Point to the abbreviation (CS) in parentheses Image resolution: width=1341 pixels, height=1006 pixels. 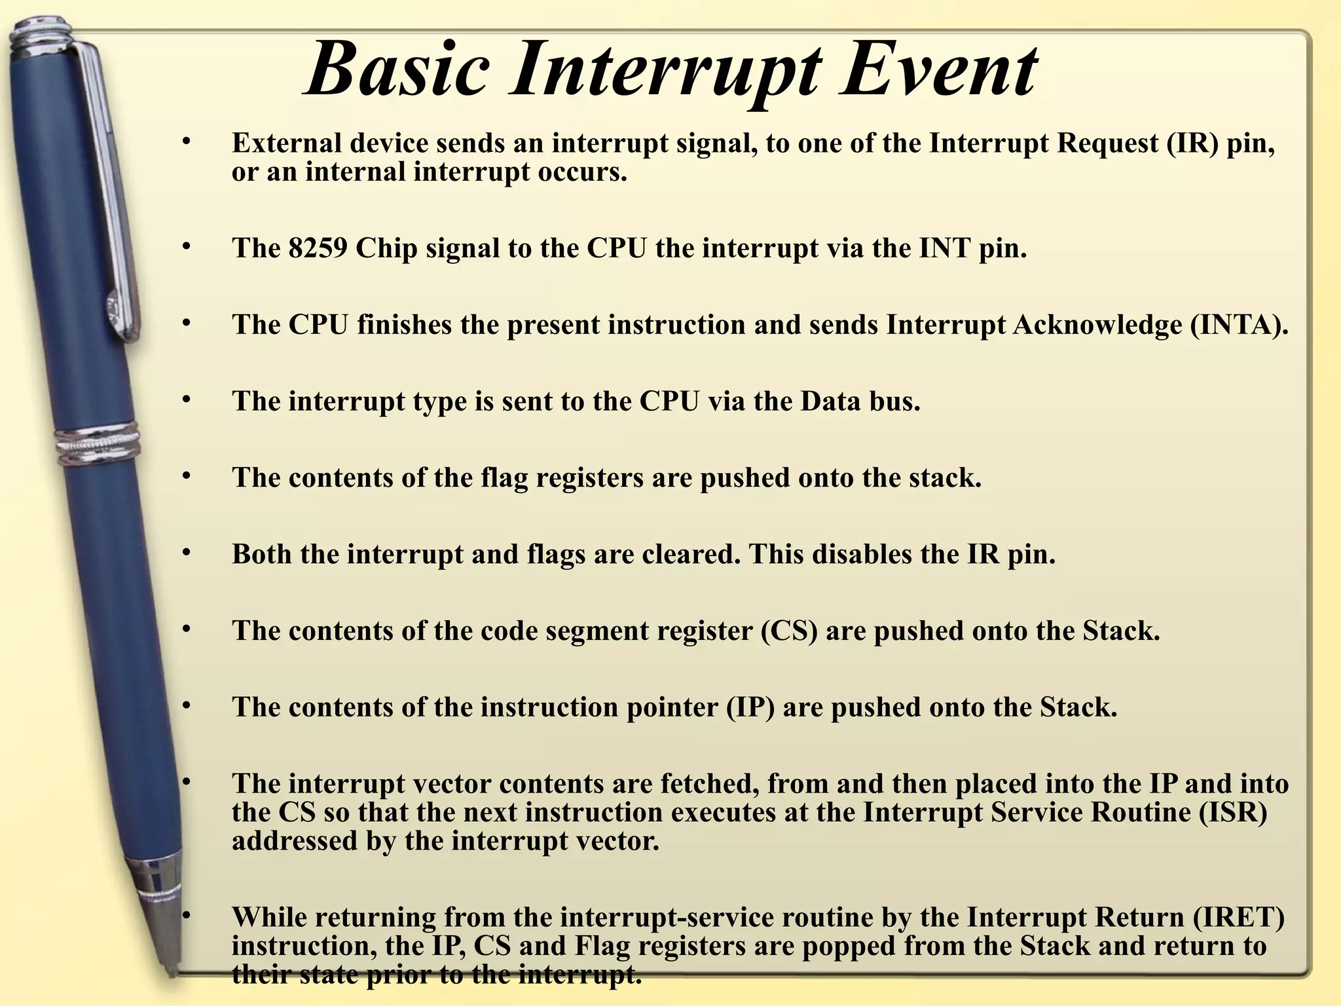tap(789, 631)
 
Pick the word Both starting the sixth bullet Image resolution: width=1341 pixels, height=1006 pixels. tap(262, 554)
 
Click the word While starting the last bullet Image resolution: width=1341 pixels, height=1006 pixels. tap(268, 917)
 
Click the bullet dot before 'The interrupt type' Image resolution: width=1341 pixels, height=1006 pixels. tap(187, 399)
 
